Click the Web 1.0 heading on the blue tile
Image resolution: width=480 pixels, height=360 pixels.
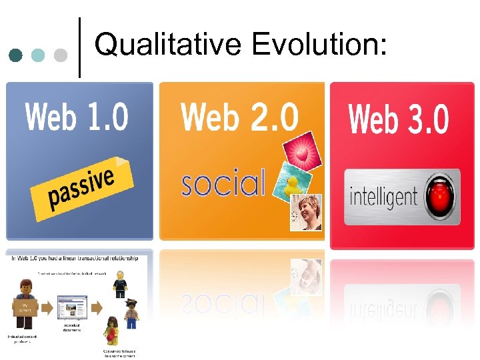77,117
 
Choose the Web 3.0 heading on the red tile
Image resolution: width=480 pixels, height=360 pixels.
399,119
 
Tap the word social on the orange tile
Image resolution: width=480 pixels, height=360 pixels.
223,183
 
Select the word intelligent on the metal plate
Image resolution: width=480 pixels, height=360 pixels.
383,197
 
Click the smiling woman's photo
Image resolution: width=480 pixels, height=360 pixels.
306,212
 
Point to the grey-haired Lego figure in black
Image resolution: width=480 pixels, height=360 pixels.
119,283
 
